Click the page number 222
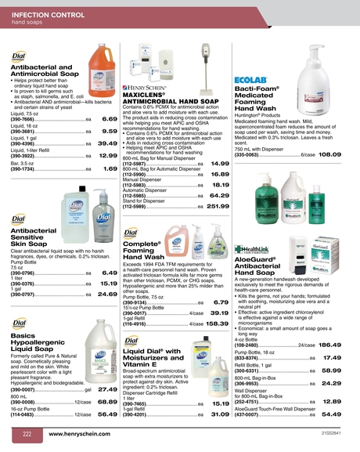point(26,433)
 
